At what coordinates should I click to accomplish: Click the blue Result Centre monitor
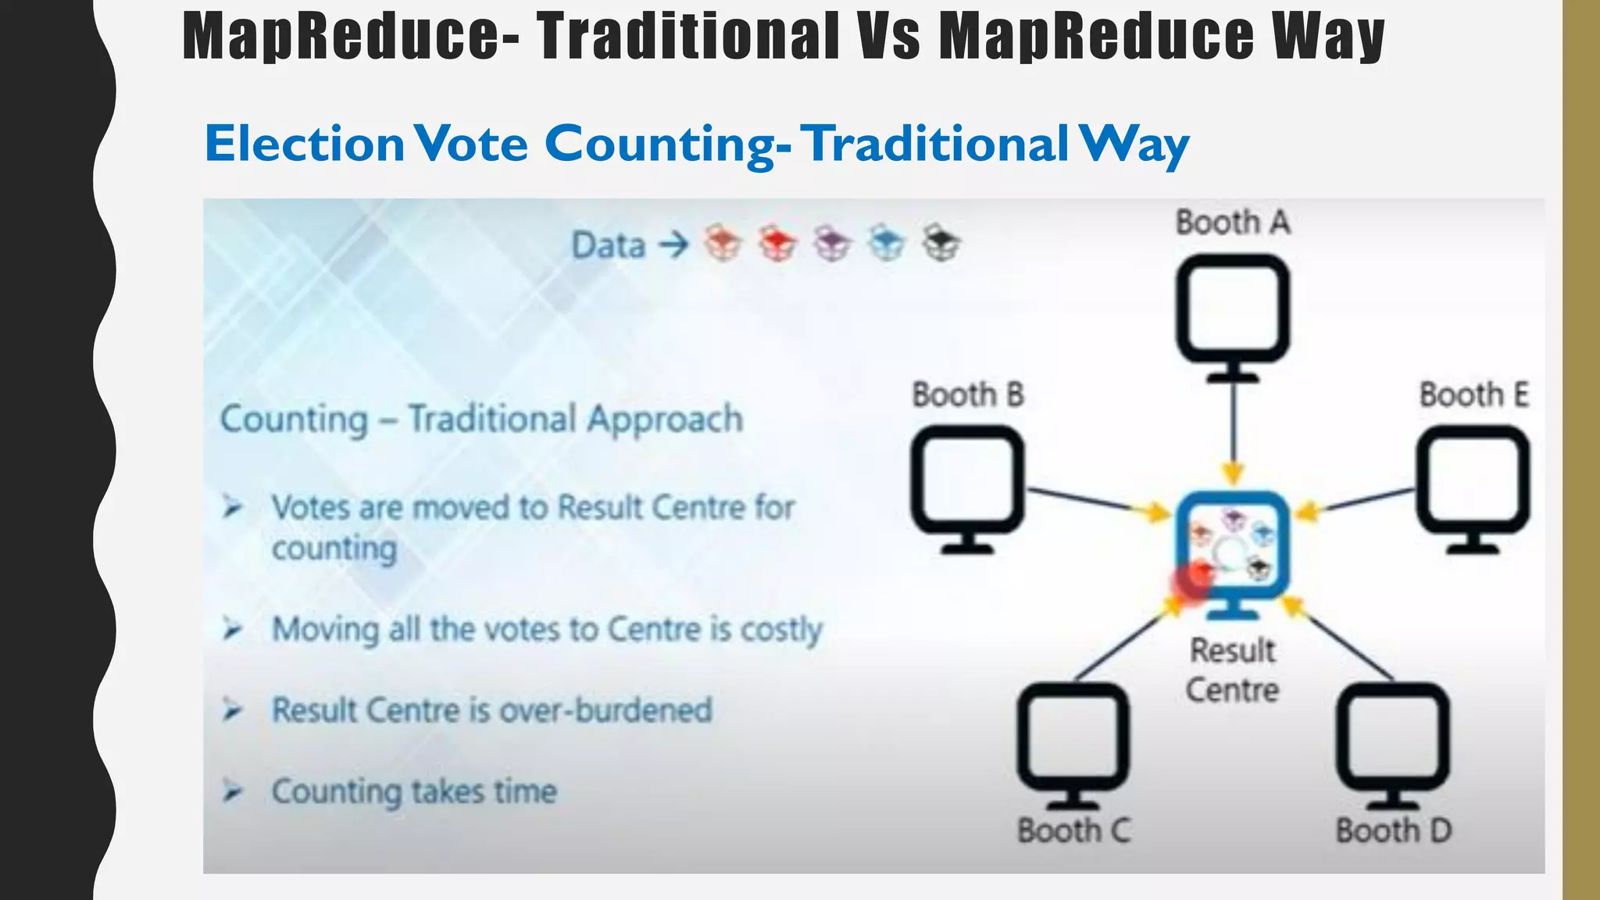(x=1232, y=547)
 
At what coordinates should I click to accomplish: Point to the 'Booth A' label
(x=1233, y=223)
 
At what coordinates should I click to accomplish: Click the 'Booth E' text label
(x=1473, y=395)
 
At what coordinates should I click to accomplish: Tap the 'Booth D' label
(x=1393, y=830)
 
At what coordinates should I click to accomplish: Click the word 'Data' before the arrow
(x=609, y=245)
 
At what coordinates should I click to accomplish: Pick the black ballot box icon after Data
(x=941, y=244)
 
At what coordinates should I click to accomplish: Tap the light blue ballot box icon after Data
(x=887, y=244)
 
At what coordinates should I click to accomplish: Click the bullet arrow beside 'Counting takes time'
(x=232, y=791)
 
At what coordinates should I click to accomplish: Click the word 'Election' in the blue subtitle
(x=304, y=144)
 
